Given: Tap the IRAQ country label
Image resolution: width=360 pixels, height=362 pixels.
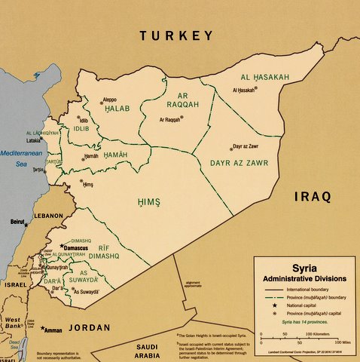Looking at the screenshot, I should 312,197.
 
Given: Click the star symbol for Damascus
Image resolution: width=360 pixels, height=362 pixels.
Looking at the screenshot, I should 61,246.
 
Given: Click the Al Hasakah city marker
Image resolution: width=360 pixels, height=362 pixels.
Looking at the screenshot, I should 255,89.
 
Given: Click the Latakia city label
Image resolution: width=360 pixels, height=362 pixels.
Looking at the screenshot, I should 34,140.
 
